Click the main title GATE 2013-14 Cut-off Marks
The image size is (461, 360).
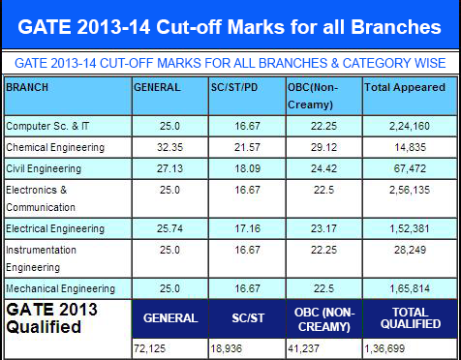coord(230,23)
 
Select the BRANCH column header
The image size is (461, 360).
coord(27,86)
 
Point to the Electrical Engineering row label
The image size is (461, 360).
coord(54,228)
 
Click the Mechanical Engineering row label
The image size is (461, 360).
coord(58,288)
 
